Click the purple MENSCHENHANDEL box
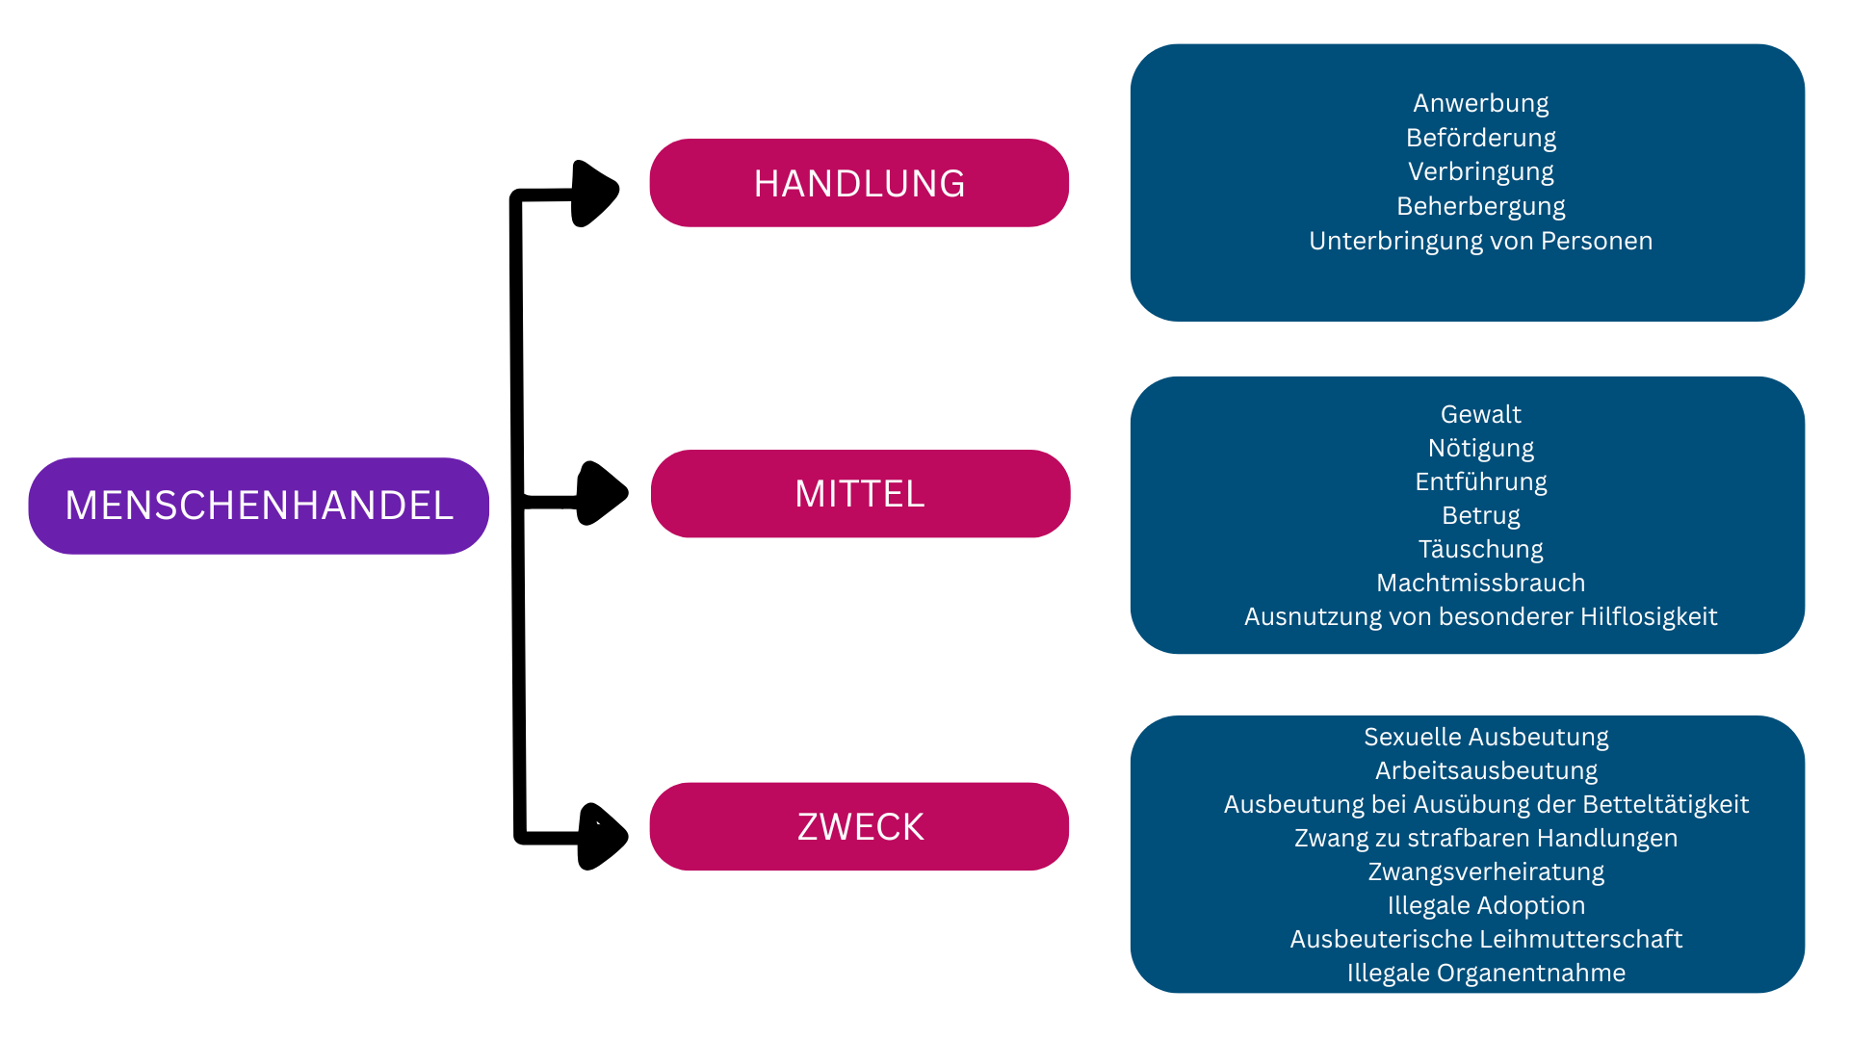coord(258,506)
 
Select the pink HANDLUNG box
coord(859,183)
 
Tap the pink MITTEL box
coord(860,493)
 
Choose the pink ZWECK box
coord(859,826)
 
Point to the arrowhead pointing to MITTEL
coord(602,493)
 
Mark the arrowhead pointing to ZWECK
coord(602,836)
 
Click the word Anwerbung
coord(1481,103)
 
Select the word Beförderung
coord(1481,138)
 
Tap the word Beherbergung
coord(1481,206)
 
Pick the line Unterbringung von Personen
coord(1481,241)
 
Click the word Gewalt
coord(1481,414)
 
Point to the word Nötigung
coord(1481,448)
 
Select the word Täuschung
coord(1481,549)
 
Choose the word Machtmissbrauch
coord(1481,583)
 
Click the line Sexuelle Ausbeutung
coord(1486,737)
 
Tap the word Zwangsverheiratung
coord(1486,871)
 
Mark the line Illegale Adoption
coord(1486,905)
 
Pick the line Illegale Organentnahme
coord(1486,973)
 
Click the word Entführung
coord(1481,481)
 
